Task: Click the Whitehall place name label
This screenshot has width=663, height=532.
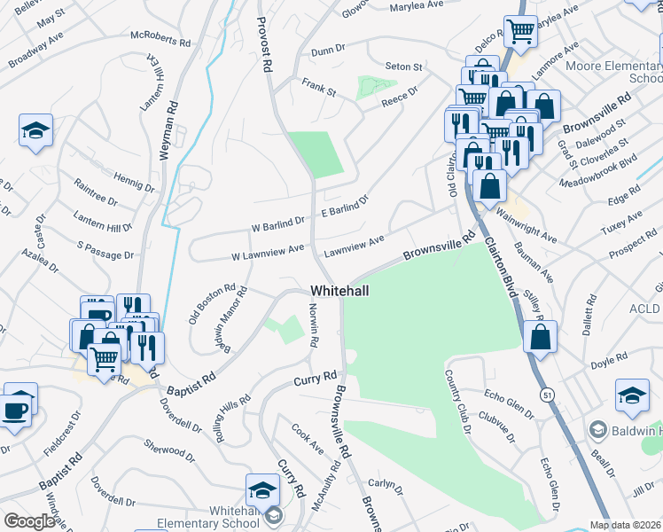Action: (339, 291)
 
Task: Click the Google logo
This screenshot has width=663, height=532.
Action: (29, 521)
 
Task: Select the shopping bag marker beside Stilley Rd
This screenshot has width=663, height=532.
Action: (539, 337)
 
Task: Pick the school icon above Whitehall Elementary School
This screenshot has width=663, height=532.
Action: (263, 489)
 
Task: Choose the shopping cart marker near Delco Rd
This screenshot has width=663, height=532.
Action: (519, 32)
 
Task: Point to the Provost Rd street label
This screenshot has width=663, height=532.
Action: (262, 43)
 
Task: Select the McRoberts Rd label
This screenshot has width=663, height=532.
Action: (160, 41)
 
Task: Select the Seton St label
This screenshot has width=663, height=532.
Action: (403, 66)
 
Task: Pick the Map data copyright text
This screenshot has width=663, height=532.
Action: (625, 525)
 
